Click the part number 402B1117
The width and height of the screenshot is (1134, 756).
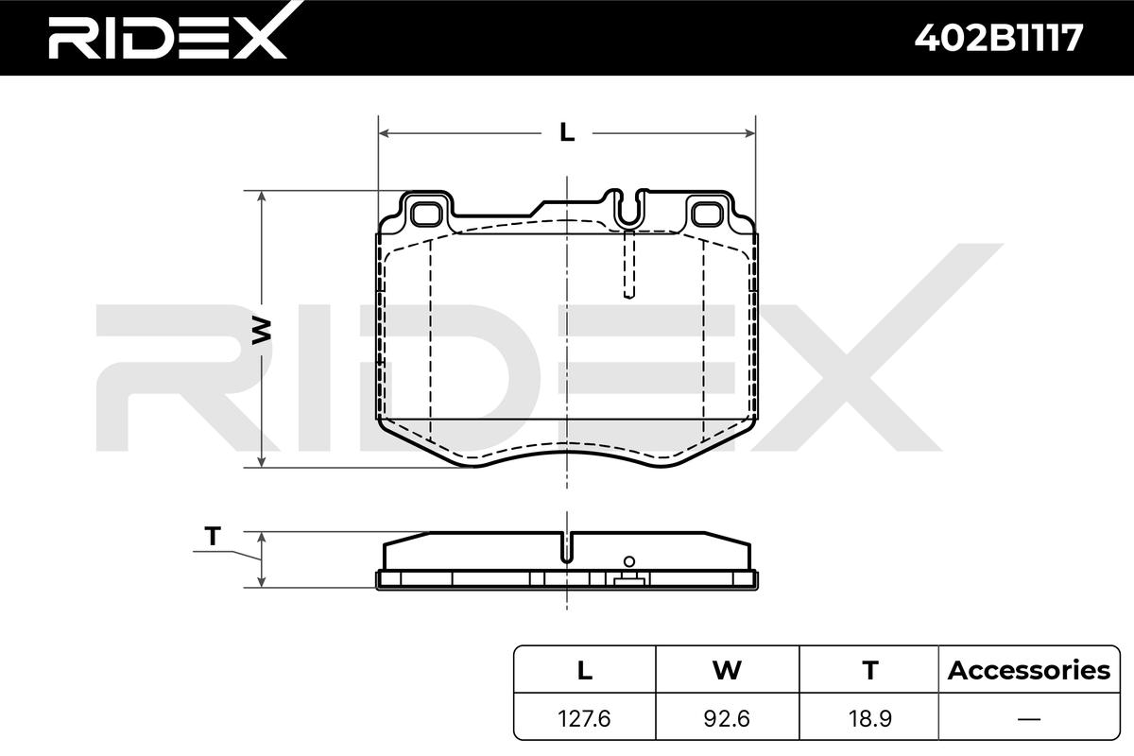tap(999, 38)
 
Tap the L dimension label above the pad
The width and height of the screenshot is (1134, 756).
tap(567, 132)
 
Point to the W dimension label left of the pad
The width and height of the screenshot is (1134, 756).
tap(262, 330)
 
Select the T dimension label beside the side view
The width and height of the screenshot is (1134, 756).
tap(214, 536)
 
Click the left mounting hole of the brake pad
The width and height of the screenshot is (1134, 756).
tap(426, 215)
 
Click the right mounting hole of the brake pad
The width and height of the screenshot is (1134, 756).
tap(707, 215)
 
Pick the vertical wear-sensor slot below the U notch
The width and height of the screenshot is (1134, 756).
tap(628, 264)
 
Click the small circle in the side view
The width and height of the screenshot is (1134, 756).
tap(629, 561)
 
